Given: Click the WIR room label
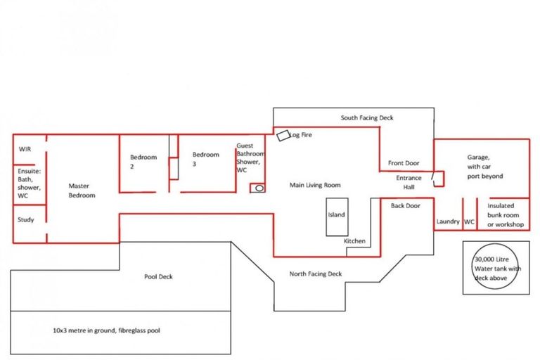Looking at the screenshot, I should (x=25, y=150).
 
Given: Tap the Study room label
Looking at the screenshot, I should (x=25, y=220).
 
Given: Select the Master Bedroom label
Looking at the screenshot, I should (x=82, y=191).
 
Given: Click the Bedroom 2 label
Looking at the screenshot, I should (x=143, y=162).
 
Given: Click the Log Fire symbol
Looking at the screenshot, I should (x=283, y=135).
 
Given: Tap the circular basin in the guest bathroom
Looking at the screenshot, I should (x=258, y=188).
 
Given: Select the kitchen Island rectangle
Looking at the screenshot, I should (x=336, y=215).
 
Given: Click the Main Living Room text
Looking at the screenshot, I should (x=315, y=186).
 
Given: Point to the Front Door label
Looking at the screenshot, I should (x=404, y=163).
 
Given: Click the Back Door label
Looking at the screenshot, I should (x=406, y=206).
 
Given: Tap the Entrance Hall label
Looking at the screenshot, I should (x=409, y=183).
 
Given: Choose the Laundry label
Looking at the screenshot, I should (x=447, y=222).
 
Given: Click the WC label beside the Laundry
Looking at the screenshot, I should (x=470, y=222).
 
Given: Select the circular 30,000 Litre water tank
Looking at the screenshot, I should (x=496, y=267).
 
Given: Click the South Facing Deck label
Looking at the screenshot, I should (x=367, y=118).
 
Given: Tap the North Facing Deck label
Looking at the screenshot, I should (x=316, y=274).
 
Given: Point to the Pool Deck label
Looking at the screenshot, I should (x=158, y=276).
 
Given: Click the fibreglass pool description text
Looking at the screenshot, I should (x=107, y=330).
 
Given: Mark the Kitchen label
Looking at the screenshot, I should (x=354, y=241).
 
